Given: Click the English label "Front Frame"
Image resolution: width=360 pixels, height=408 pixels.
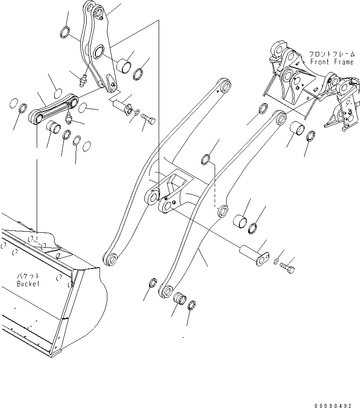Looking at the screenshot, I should [332, 62].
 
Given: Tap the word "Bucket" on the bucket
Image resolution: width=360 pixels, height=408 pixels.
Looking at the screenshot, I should [28, 284].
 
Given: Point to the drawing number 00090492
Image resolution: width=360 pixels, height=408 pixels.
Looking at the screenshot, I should [333, 406].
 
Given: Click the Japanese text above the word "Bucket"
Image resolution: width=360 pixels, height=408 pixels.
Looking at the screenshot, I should [28, 276].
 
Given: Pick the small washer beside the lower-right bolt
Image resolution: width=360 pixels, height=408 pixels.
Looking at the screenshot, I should [275, 262].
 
